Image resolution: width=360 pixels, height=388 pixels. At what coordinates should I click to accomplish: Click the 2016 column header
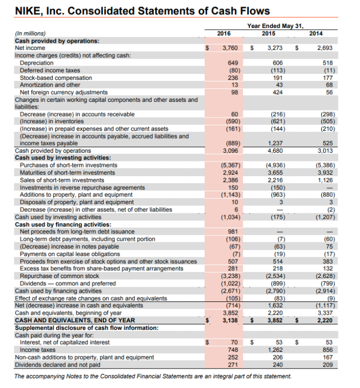[224, 33]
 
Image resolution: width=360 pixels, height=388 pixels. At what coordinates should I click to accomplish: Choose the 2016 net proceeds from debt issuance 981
[232, 232]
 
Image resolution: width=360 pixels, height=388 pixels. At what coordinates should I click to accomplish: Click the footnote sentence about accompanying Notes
[153, 376]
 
